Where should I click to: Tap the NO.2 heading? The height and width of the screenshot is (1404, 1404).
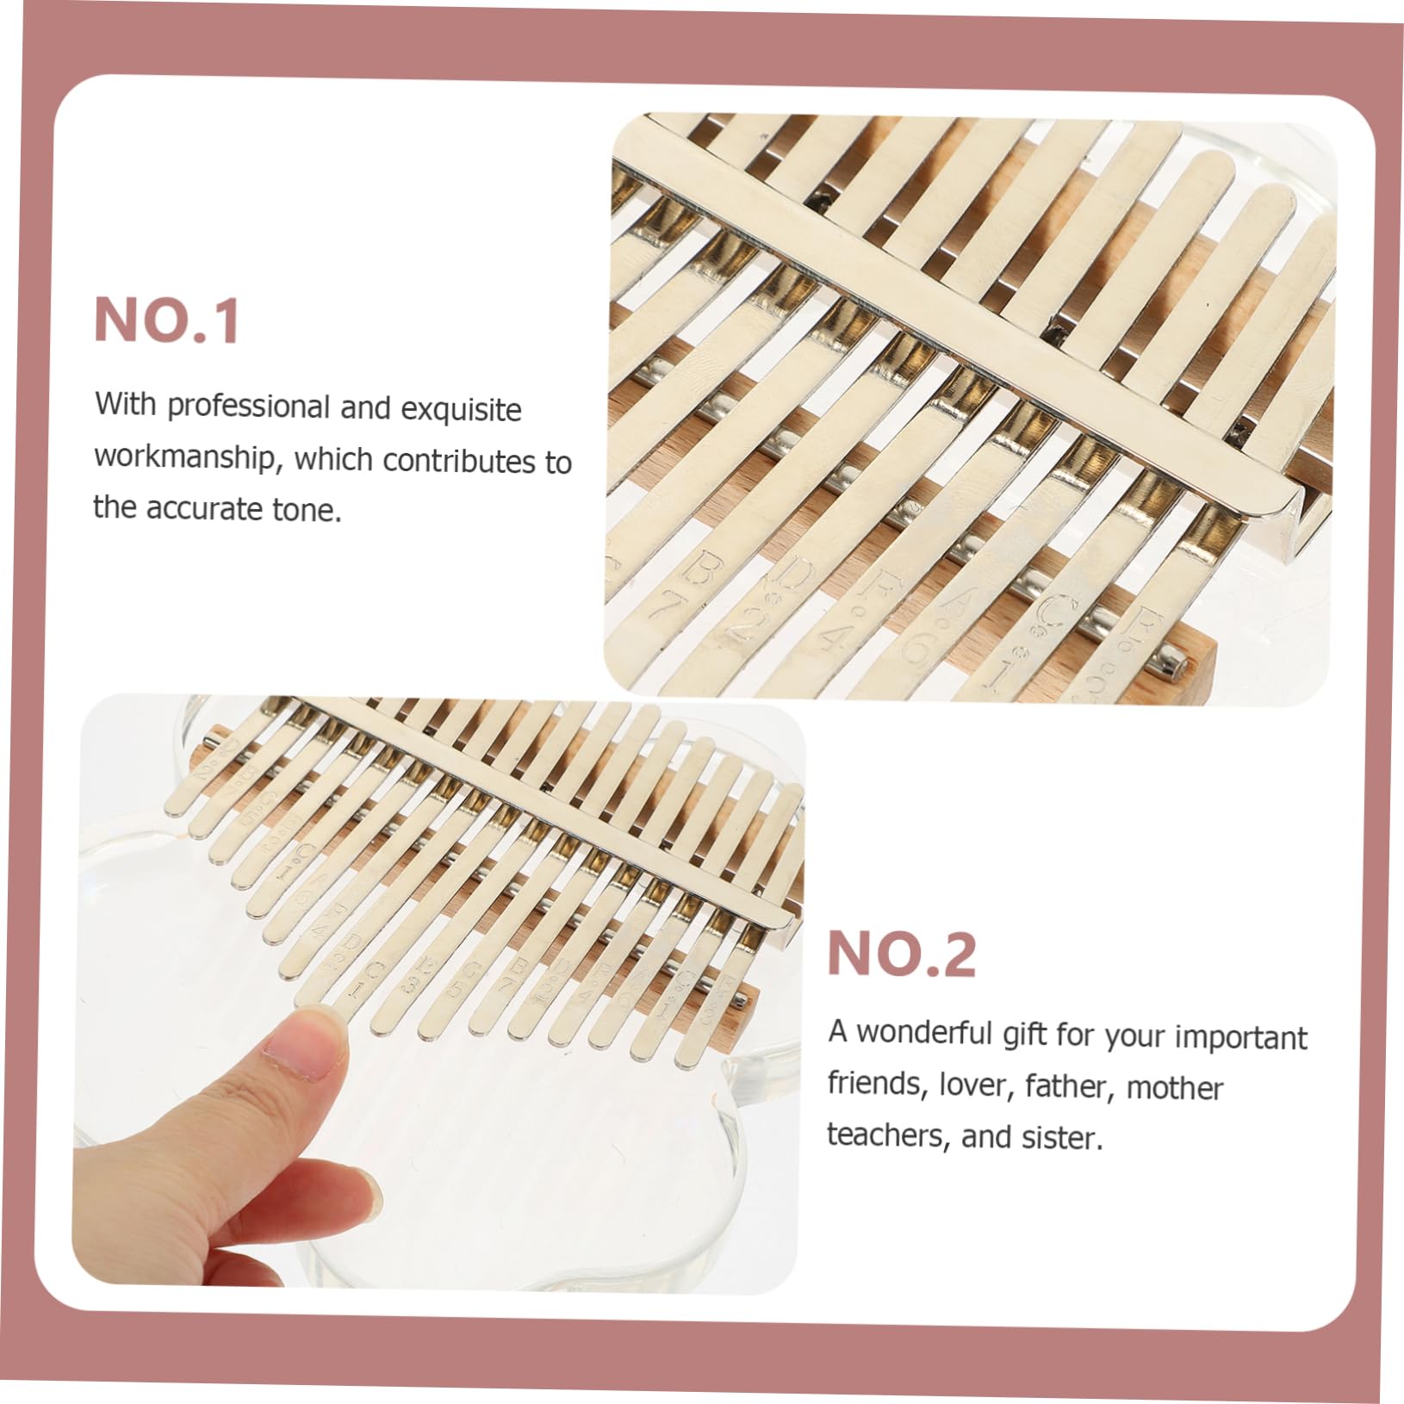tap(901, 954)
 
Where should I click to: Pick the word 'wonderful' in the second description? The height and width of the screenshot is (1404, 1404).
tap(924, 1033)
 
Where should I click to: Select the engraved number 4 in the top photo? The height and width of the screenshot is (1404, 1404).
tap(834, 638)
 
